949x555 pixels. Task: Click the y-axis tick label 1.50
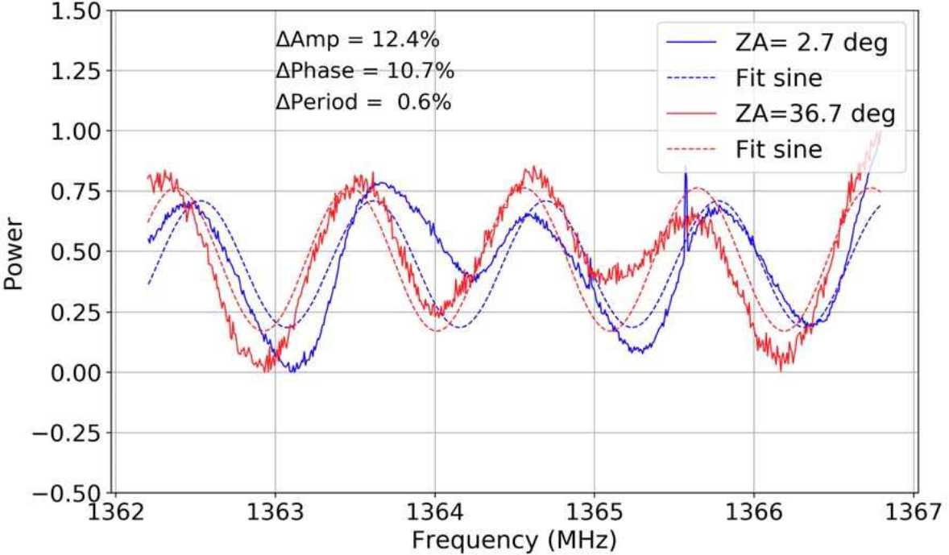pyautogui.click(x=73, y=11)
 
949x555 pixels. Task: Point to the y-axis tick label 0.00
pyautogui.click(x=73, y=372)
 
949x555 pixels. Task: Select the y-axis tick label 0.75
pyautogui.click(x=73, y=192)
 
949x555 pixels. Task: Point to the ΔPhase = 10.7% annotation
pyautogui.click(x=364, y=71)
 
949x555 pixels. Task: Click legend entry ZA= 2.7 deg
pyautogui.click(x=811, y=43)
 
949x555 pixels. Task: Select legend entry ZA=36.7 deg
pyautogui.click(x=814, y=114)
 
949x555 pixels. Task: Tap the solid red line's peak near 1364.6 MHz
pyautogui.click(x=530, y=170)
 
